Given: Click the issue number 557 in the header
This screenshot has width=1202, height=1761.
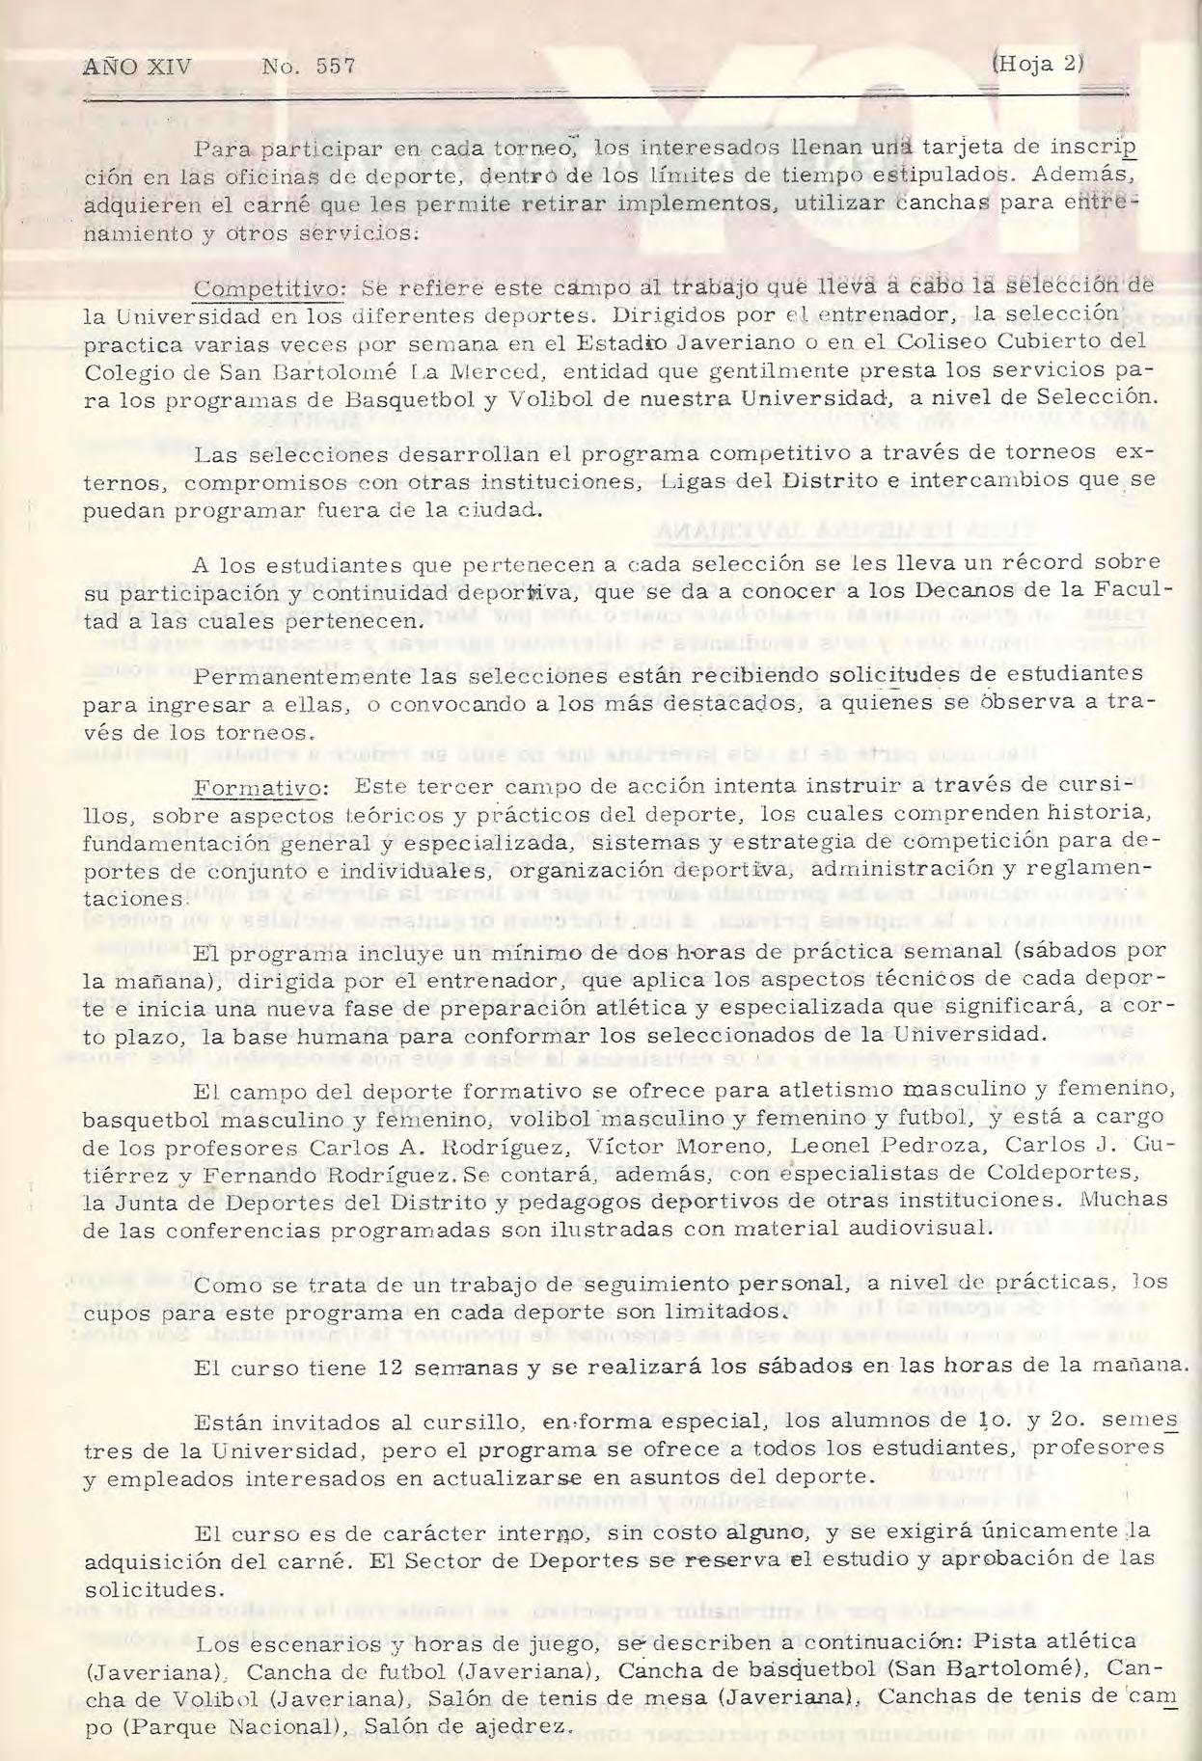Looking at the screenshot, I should [x=335, y=67].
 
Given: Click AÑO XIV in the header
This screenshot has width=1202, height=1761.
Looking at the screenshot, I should [x=137, y=67].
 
